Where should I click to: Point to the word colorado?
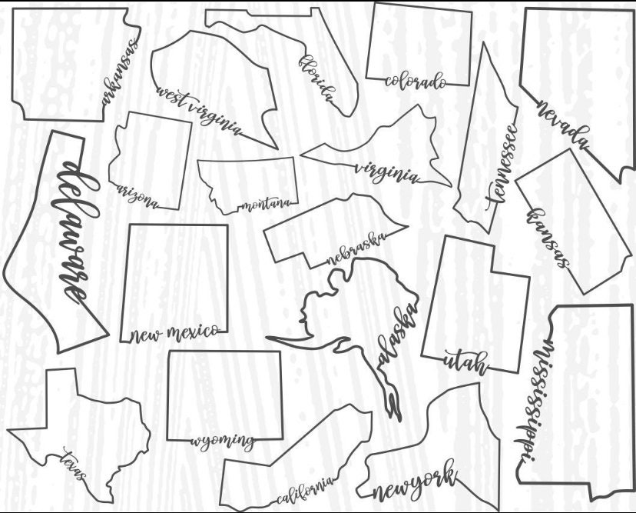415,80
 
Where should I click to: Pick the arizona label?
137,197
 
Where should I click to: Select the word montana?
266,204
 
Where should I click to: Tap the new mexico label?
174,333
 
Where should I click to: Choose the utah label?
465,361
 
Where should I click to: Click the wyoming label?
222,441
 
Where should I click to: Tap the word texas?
75,465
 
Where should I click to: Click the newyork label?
414,483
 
